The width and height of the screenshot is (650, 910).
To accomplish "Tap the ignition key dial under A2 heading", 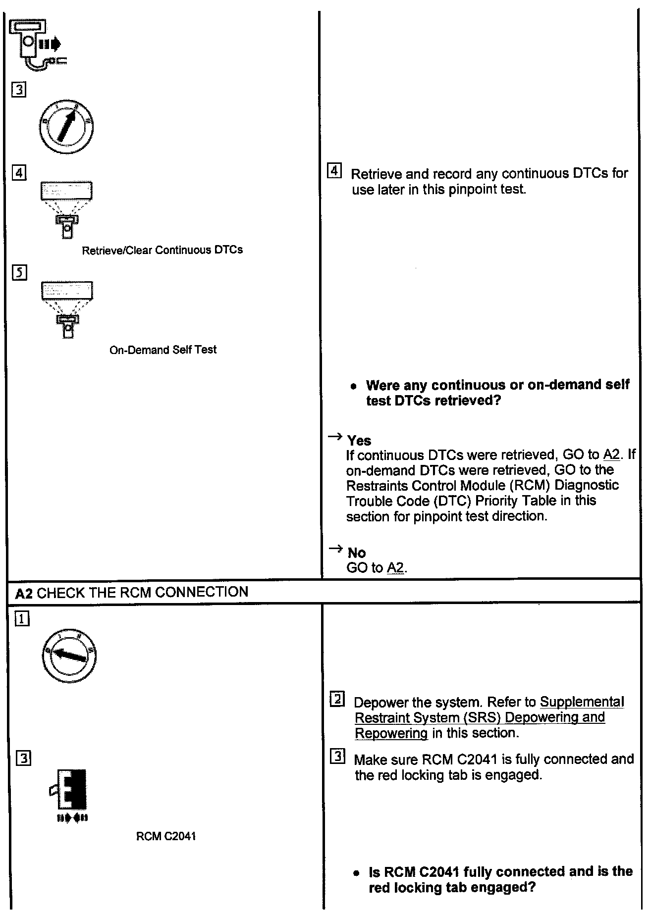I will pyautogui.click(x=69, y=656).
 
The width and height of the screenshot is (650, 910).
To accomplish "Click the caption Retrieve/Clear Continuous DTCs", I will pyautogui.click(x=162, y=250).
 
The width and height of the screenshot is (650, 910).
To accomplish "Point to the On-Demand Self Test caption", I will pyautogui.click(x=162, y=350).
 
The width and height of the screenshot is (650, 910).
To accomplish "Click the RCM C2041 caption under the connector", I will pyautogui.click(x=165, y=836).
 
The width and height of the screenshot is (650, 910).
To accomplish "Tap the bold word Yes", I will pyautogui.click(x=359, y=440).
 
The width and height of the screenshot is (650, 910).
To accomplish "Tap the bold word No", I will pyautogui.click(x=357, y=553).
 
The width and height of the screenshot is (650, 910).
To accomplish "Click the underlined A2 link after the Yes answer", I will pyautogui.click(x=611, y=455).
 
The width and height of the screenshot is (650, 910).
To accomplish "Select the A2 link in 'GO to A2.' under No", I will pyautogui.click(x=395, y=568).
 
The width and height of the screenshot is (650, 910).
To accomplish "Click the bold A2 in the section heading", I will pyautogui.click(x=24, y=593).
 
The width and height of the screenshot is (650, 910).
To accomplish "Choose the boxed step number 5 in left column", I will pyautogui.click(x=19, y=273).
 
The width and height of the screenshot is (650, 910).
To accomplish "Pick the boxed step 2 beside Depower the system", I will pyautogui.click(x=337, y=700).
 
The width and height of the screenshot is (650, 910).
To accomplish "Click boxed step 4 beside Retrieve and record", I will pyautogui.click(x=334, y=172).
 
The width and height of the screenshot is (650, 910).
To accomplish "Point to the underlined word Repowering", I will pyautogui.click(x=391, y=733).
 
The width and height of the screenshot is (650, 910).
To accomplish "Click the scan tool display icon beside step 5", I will pyautogui.click(x=67, y=309).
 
